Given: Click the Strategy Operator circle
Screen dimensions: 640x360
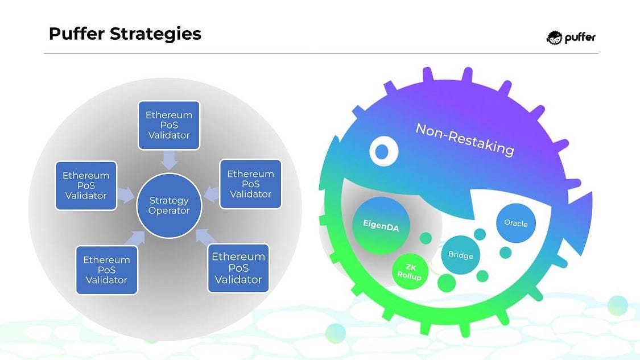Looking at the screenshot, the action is coord(169,205).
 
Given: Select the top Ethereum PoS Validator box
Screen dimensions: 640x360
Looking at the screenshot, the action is coord(169,125).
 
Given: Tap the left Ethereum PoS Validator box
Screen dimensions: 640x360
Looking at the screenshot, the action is coord(86,186).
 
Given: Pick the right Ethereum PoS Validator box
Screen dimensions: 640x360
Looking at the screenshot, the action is coord(251,184).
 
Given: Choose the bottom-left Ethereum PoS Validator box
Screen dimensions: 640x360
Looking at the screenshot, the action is coord(106,270).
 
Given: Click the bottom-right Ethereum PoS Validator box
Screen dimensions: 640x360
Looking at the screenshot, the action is coord(238,268).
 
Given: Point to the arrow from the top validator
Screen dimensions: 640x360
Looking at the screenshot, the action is coord(169,160).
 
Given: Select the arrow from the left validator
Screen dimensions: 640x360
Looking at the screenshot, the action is coord(126,195).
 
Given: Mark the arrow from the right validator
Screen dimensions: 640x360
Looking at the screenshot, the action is coord(211,194).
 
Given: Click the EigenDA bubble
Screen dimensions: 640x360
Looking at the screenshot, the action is coord(381,226).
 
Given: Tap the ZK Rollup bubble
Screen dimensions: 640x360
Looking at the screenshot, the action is coord(410,271).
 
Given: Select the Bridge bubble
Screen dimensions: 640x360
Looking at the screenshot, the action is coord(460,255).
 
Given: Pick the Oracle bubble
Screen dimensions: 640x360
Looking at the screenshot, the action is coord(516,223).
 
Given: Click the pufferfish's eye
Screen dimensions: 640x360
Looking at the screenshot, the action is coord(383,151).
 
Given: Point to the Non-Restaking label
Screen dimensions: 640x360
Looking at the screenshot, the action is coord(464,139).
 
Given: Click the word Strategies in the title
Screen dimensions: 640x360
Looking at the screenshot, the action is coord(155,34).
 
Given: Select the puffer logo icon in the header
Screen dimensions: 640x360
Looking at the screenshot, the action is coord(554,38).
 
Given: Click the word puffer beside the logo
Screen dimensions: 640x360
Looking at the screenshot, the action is coord(580,38).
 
